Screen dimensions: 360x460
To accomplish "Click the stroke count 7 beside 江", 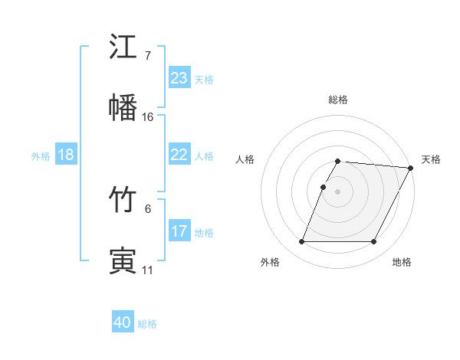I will coord(147,56).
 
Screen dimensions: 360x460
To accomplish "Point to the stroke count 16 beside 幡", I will coord(148,116).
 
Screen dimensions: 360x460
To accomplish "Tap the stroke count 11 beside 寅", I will coord(147,270).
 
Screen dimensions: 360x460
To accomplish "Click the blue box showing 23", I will coord(179,78).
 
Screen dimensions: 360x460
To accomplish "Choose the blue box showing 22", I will coord(179,155).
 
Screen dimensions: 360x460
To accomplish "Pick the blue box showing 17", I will coord(179,231).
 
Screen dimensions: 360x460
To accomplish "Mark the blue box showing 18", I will coord(66,155).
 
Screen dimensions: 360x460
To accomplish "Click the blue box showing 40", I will coord(123,323).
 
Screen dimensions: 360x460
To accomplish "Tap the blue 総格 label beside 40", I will coord(147,324).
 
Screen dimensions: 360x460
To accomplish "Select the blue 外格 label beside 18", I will coord(41,155).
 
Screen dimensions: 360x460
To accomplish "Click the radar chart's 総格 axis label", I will coord(338,100).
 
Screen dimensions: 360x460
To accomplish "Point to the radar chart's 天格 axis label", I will coord(431,159).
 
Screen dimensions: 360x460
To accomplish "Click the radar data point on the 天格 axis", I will coord(411,168).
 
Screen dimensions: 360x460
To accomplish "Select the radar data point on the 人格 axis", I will coord(323,187).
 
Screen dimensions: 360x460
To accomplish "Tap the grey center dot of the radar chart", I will coord(338,191).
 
